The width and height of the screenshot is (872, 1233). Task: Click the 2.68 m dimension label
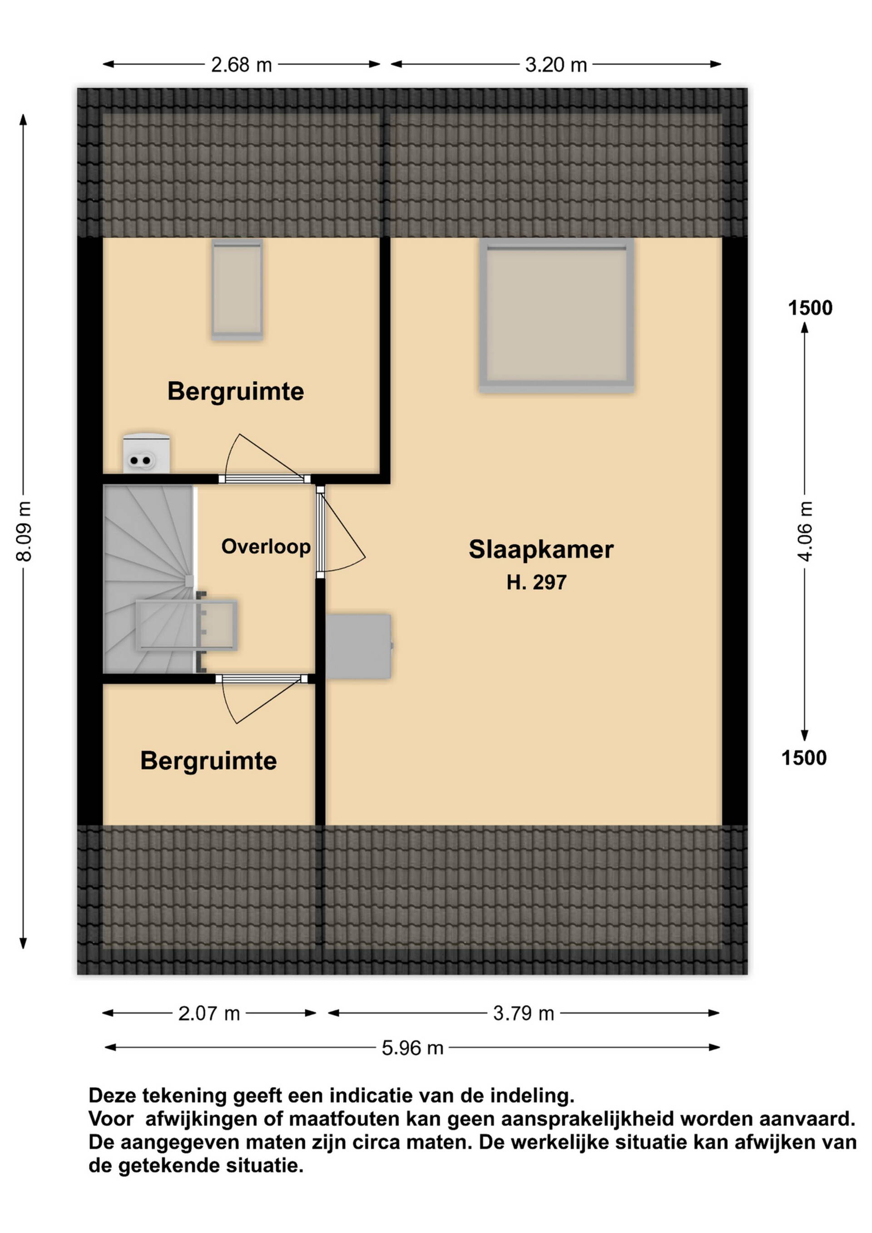pyautogui.click(x=241, y=65)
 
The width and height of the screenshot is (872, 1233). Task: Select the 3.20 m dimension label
pyautogui.click(x=556, y=65)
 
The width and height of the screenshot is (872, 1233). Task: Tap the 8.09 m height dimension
pyautogui.click(x=24, y=531)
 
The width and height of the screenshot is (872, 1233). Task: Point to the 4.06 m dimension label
pyautogui.click(x=805, y=531)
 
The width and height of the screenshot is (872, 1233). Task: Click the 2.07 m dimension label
pyautogui.click(x=209, y=1014)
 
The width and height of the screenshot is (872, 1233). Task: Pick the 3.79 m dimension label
pyautogui.click(x=524, y=1014)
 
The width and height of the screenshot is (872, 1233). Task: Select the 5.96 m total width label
pyautogui.click(x=412, y=1048)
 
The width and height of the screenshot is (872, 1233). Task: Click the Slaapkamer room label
pyautogui.click(x=541, y=549)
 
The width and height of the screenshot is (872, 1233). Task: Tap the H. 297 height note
pyautogui.click(x=536, y=583)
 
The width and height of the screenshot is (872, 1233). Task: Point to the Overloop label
pyautogui.click(x=266, y=547)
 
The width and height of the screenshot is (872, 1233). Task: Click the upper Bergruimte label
pyautogui.click(x=236, y=392)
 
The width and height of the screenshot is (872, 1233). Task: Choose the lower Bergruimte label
pyautogui.click(x=208, y=761)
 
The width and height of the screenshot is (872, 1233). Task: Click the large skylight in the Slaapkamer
pyautogui.click(x=556, y=315)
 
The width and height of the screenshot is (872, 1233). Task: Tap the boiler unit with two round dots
pyautogui.click(x=147, y=453)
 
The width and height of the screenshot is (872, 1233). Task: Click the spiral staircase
pyautogui.click(x=149, y=579)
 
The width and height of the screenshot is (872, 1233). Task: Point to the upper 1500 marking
pyautogui.click(x=810, y=308)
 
